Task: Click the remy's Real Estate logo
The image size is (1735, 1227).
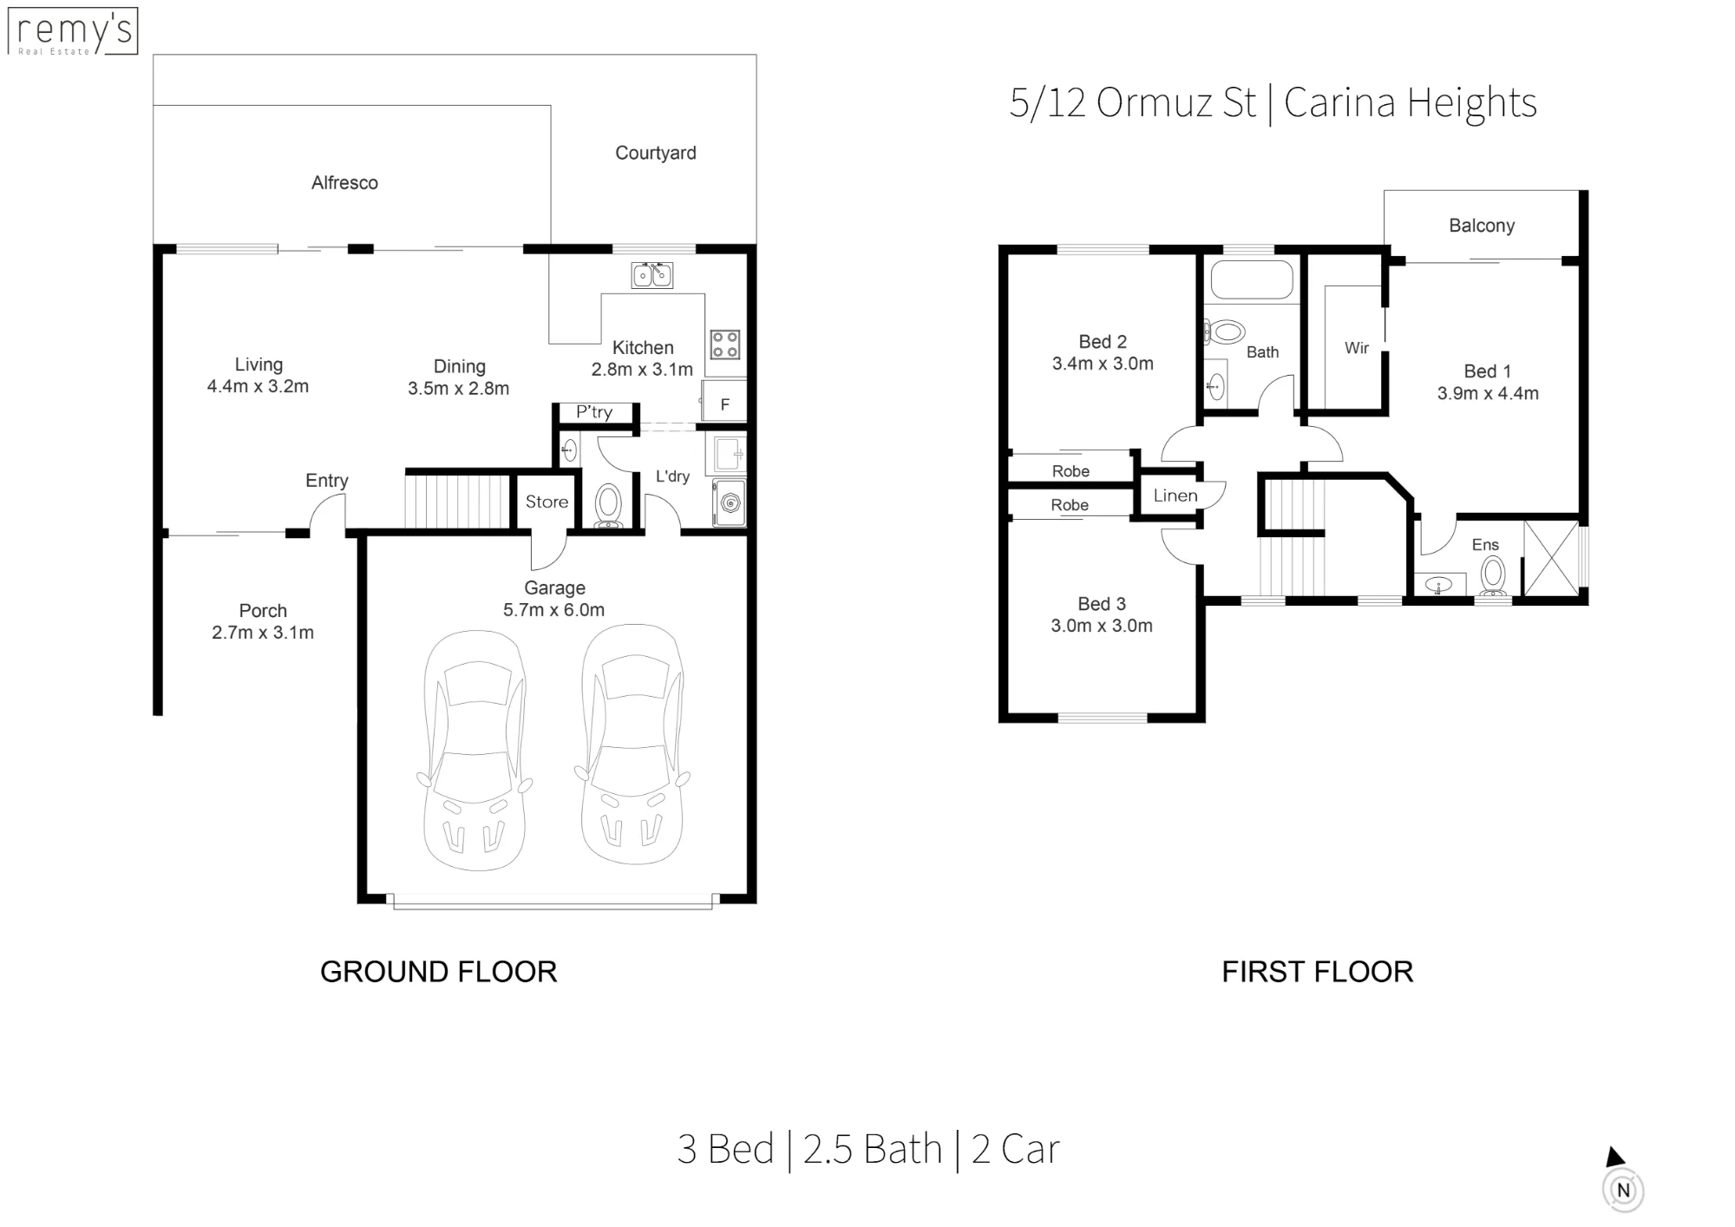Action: [72, 31]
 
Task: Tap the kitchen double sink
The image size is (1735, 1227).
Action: [652, 275]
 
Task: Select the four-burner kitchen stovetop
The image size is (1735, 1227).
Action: [725, 344]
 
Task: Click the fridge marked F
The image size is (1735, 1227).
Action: [724, 402]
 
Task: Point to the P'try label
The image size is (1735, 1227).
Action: [594, 412]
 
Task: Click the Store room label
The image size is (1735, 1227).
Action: [547, 502]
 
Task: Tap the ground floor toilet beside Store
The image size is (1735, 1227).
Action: [609, 505]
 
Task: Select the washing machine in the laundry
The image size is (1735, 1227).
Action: [730, 502]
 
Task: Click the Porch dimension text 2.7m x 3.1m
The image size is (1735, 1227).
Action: [263, 633]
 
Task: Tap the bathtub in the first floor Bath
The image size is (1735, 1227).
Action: [1252, 279]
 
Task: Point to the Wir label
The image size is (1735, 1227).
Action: [1357, 348]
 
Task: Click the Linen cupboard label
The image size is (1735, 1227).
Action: [1175, 495]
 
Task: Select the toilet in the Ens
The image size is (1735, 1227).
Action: [1493, 575]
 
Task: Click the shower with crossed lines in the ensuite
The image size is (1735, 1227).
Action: [1551, 558]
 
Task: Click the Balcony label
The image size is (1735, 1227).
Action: [1482, 226]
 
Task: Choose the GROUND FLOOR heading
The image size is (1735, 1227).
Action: [438, 972]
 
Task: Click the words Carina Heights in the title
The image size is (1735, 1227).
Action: [1411, 103]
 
